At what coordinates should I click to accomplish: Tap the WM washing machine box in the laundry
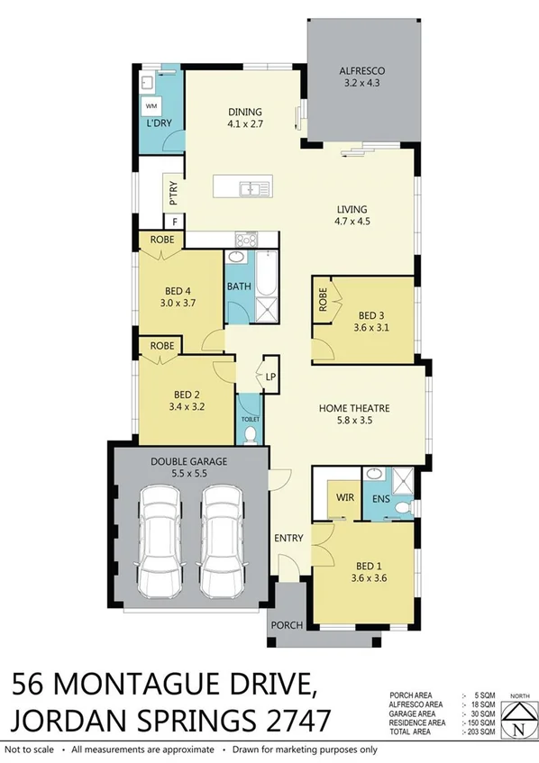click(151, 104)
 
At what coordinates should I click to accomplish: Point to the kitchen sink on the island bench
click(249, 188)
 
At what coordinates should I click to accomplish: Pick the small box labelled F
click(174, 222)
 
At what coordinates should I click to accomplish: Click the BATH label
click(238, 286)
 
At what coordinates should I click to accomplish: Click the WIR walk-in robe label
click(343, 496)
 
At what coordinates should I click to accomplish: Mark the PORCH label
click(288, 622)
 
